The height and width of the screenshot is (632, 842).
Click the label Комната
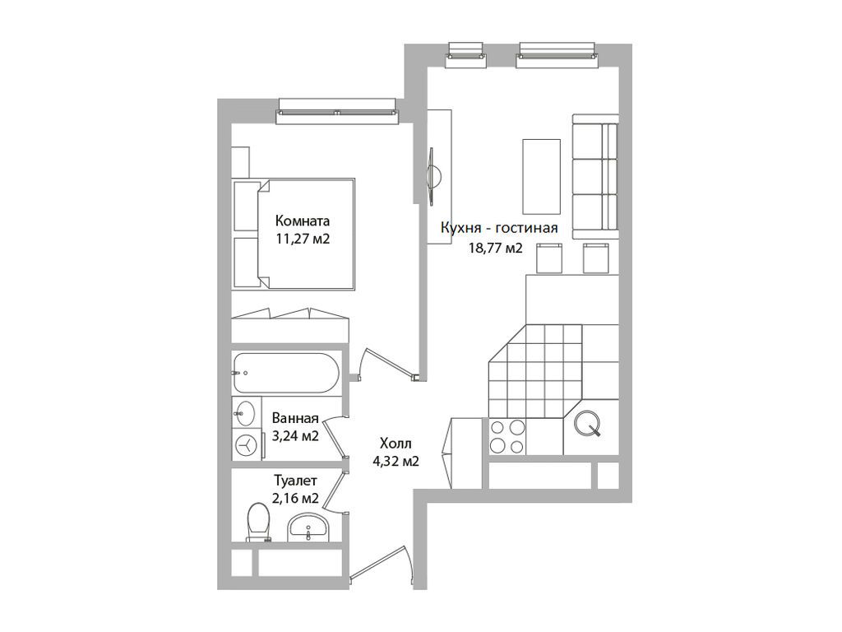pyautogui.click(x=303, y=221)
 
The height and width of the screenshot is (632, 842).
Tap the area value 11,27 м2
pyautogui.click(x=303, y=239)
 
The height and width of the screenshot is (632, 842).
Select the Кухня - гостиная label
pyautogui.click(x=499, y=228)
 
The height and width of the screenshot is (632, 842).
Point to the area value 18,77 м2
pyautogui.click(x=496, y=248)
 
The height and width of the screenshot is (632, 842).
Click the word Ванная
pyautogui.click(x=295, y=418)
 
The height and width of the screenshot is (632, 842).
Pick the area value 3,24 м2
pyautogui.click(x=295, y=435)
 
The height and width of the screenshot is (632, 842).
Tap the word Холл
pyautogui.click(x=396, y=444)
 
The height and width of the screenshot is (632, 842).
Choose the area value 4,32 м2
pyautogui.click(x=396, y=461)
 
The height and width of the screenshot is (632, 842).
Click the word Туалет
pyautogui.click(x=295, y=480)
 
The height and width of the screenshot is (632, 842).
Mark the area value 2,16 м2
pyautogui.click(x=295, y=498)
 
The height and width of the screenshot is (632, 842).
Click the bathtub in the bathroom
pyautogui.click(x=285, y=373)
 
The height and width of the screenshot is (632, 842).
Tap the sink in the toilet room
pyautogui.click(x=308, y=527)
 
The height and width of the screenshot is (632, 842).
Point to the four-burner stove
pyautogui.click(x=507, y=437)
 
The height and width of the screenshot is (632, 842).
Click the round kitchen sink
pyautogui.click(x=586, y=424)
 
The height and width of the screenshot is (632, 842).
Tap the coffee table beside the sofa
pyautogui.click(x=541, y=176)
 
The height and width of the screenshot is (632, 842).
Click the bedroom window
pyautogui.click(x=337, y=111)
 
